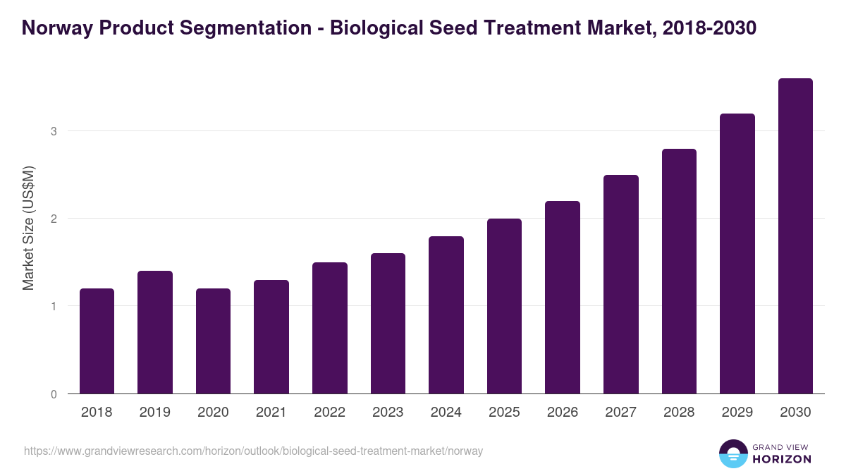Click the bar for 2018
point(97,341)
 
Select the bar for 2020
point(213,341)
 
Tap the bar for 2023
point(388,324)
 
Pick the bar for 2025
point(504,306)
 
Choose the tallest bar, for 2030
point(795,236)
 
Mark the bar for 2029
point(737,254)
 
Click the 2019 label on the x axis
point(154,413)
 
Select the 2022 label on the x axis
point(329,413)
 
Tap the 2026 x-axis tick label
point(563,413)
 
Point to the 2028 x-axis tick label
point(679,413)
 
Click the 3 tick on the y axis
point(54,131)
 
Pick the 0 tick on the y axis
point(54,394)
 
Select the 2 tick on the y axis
point(54,219)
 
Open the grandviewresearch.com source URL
point(253,451)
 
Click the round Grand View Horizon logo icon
point(732,453)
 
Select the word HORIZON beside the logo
point(781,459)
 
